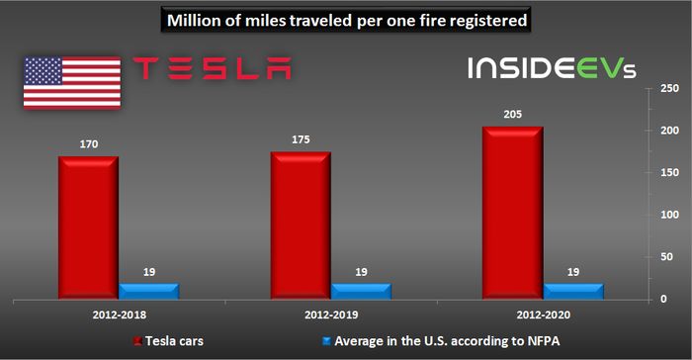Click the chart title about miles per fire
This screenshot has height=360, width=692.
[347, 19]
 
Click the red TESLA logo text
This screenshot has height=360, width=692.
[212, 68]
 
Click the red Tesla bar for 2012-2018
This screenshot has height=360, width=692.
[87, 227]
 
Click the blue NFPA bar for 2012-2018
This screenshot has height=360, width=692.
[147, 290]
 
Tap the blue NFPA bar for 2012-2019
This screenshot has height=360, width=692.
[360, 290]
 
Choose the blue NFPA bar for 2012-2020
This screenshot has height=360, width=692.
[572, 290]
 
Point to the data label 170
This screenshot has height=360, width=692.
[87, 143]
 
